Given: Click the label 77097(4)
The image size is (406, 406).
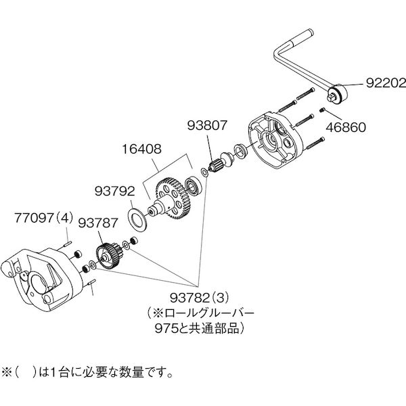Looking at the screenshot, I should [43, 219].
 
